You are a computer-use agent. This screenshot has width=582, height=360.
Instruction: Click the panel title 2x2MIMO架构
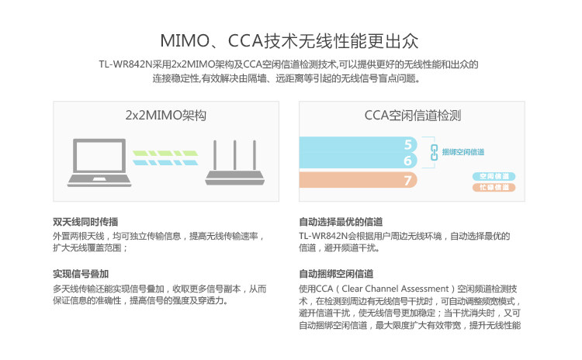[x=165, y=116]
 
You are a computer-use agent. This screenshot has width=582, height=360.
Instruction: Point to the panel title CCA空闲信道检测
[x=413, y=116]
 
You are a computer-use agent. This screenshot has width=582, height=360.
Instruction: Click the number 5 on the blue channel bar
[x=408, y=144]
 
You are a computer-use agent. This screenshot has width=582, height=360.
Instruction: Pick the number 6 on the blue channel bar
[x=408, y=161]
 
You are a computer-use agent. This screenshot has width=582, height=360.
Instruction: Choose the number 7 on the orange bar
[x=408, y=181]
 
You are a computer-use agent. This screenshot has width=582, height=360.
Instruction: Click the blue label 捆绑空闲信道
[x=463, y=152]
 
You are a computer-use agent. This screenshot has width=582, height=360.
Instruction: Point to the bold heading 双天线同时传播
[x=85, y=221]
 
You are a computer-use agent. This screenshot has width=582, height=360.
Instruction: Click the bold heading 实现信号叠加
[x=80, y=274]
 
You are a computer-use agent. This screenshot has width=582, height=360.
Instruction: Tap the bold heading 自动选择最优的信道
[x=341, y=221]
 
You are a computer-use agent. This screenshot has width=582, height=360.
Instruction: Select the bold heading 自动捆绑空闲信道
[x=336, y=274]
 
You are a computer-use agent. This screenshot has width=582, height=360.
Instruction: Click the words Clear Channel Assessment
[x=396, y=289]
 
